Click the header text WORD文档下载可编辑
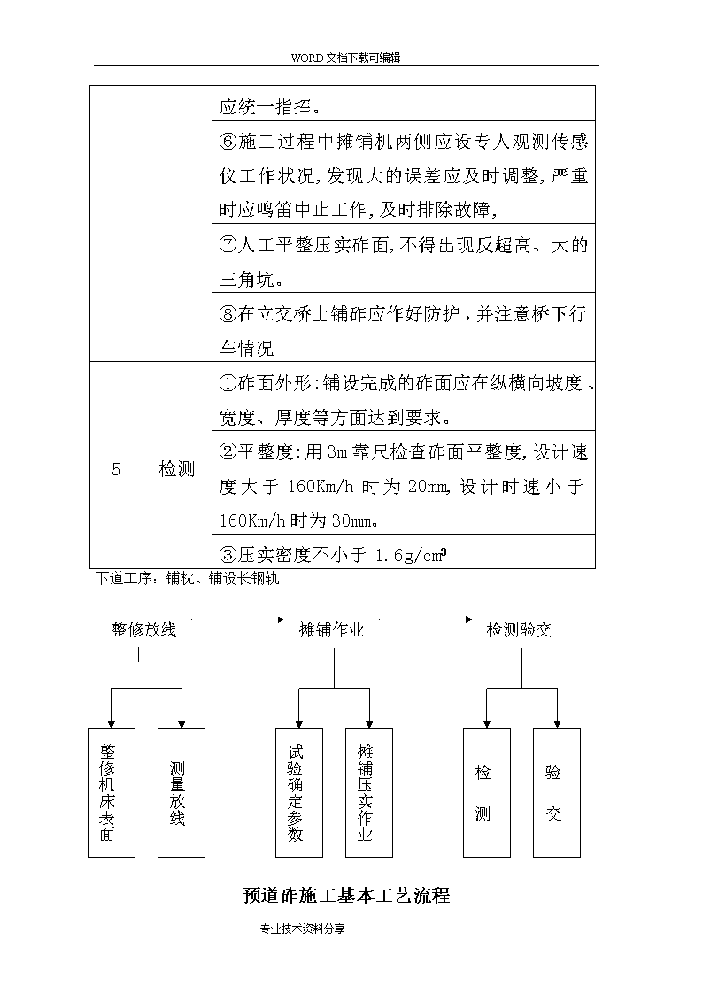(x=345, y=58)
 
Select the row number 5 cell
(x=116, y=466)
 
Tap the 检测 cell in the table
(x=177, y=466)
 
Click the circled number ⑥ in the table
(x=228, y=141)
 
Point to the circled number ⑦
(x=228, y=244)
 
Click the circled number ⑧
(x=228, y=314)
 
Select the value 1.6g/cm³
(x=411, y=555)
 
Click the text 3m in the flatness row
(x=338, y=452)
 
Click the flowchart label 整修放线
(x=144, y=629)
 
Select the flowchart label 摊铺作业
(x=331, y=629)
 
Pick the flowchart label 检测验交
(x=519, y=629)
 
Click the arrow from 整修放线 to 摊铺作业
(x=237, y=620)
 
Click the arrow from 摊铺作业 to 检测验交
(x=426, y=620)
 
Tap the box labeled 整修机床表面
(x=112, y=793)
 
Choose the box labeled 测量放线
(x=182, y=793)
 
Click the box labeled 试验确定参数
(x=299, y=793)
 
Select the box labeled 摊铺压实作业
(x=369, y=793)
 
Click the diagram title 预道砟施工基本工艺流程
(x=347, y=895)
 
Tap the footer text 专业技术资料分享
(x=303, y=929)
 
